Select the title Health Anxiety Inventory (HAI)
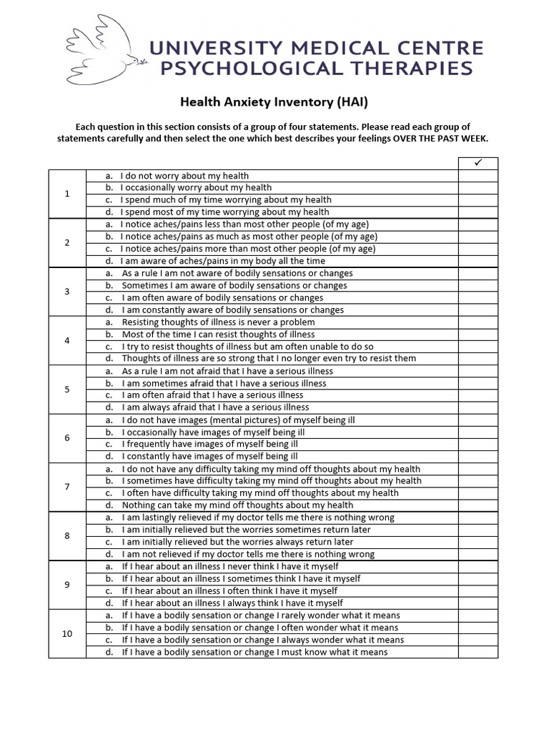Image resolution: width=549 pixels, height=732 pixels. tap(273, 103)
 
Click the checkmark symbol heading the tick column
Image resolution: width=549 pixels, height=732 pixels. tap(478, 163)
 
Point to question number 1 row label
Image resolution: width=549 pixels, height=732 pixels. tap(67, 194)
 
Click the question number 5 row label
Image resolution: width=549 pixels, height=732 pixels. tap(67, 390)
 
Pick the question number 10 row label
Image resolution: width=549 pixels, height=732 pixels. tap(67, 634)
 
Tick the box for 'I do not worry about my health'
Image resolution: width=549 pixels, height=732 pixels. tap(478, 176)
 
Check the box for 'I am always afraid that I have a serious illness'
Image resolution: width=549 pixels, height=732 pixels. tap(478, 407)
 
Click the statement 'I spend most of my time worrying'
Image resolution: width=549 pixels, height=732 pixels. tap(224, 212)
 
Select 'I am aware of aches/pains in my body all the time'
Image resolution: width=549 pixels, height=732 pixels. tap(223, 261)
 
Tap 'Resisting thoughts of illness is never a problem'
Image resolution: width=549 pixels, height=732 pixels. tap(218, 322)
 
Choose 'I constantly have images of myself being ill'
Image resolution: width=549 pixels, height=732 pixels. tap(210, 456)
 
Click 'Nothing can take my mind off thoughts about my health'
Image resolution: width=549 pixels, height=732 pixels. tap(237, 505)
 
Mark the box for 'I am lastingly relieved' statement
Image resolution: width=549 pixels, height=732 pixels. tap(478, 518)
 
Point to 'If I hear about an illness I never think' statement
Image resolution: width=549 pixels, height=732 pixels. tap(230, 566)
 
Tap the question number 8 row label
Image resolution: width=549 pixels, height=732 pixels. tap(67, 535)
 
